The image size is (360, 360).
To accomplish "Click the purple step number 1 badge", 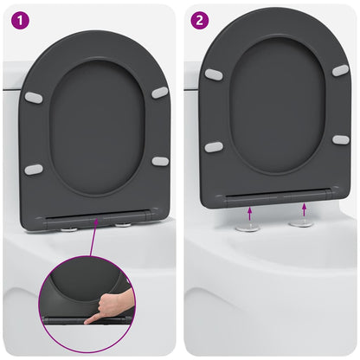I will pos(18,19).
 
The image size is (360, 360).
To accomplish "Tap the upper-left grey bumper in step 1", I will pos(34,98).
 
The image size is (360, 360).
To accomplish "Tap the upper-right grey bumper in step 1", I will pos(160,92).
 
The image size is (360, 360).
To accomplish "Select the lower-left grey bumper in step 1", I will pos(34,169).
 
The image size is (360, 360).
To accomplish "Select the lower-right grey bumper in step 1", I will pos(160,161).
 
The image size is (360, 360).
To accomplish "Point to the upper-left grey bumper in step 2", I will pos(214,74).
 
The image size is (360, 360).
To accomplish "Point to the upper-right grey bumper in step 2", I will pos(340,69).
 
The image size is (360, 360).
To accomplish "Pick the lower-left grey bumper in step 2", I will pos(214,146).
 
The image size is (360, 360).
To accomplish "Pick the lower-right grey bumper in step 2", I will pos(340,139).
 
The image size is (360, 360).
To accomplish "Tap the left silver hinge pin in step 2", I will pos(248,227).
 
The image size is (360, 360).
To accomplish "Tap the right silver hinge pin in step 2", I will pos(302,222).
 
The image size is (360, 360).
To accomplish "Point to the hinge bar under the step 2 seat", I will pos(277,196).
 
